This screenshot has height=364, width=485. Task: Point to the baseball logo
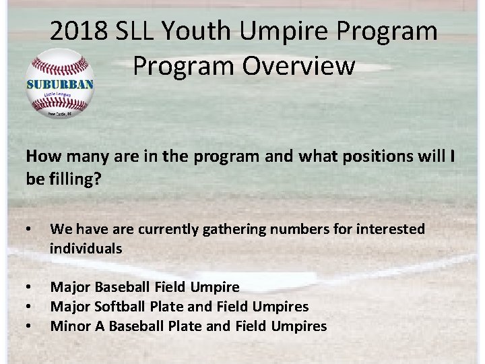pos(59,84)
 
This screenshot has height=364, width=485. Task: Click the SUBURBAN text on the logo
pos(59,84)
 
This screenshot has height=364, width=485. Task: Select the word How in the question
pos(40,156)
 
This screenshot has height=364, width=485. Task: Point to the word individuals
pos(86,249)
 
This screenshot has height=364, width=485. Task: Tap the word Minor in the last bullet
pos(71,326)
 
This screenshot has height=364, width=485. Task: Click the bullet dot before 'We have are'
pos(29,230)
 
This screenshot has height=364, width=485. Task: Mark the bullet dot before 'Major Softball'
pos(29,307)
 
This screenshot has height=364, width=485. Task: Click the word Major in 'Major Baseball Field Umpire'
pos(71,287)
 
